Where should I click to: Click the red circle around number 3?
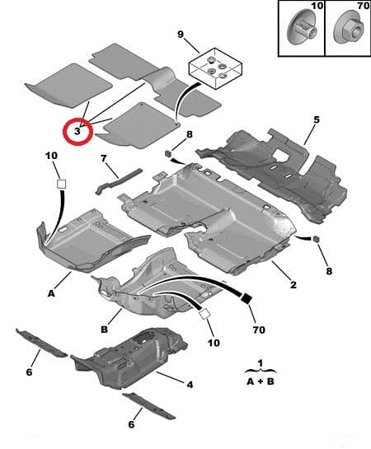(77, 130)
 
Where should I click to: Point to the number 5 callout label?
(316, 120)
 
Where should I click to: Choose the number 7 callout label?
(104, 158)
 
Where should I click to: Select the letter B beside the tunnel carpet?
(104, 330)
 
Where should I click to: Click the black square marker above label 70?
(247, 300)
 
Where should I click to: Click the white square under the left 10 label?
(60, 186)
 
